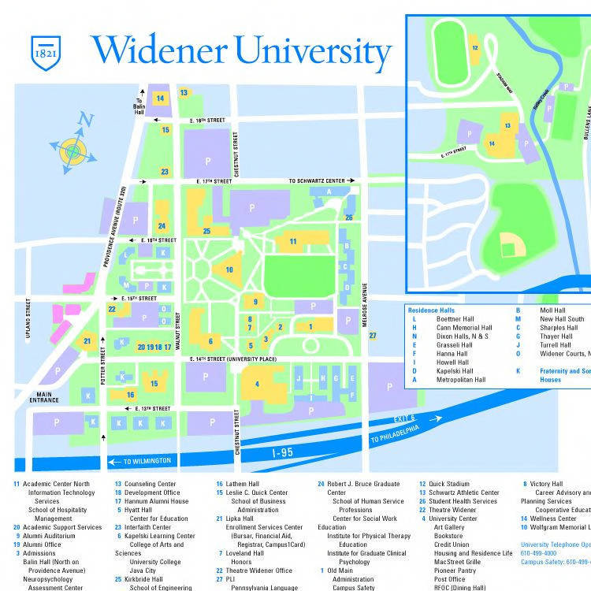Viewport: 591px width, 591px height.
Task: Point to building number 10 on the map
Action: (x=229, y=269)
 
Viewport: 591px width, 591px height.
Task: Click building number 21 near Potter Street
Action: (x=87, y=340)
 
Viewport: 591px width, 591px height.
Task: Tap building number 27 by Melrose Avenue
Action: (x=373, y=335)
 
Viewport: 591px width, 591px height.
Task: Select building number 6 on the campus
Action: (x=210, y=340)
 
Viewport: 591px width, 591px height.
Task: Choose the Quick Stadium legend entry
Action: (x=448, y=484)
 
